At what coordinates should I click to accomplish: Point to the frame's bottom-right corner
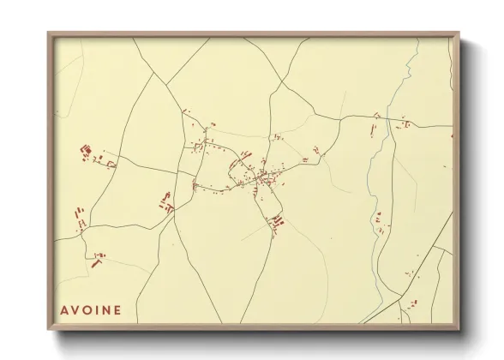[x=458, y=329]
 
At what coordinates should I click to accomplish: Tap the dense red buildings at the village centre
[x=261, y=178]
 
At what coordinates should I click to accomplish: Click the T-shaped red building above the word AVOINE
[x=97, y=260]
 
